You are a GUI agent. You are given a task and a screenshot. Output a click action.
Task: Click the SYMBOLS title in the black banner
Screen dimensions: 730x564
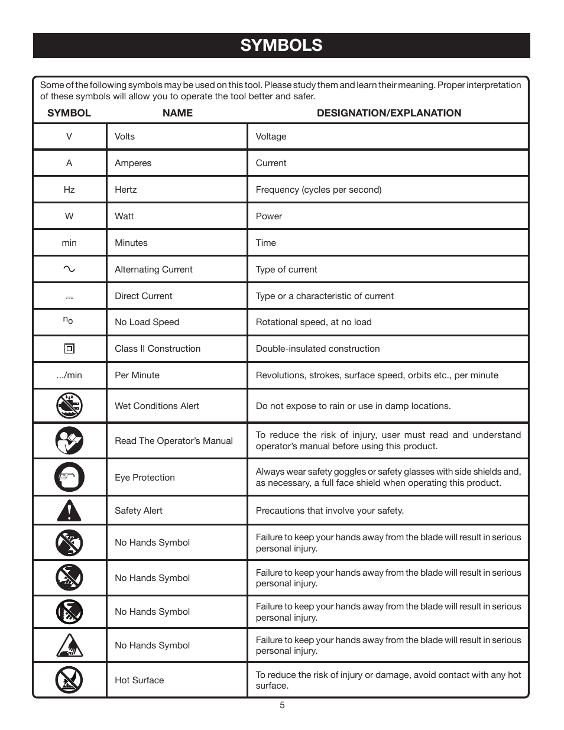(281, 46)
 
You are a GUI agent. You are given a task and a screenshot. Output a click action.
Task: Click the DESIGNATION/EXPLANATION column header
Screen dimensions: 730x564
(388, 113)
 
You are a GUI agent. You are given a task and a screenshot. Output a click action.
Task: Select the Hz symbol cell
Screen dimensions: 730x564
(69, 190)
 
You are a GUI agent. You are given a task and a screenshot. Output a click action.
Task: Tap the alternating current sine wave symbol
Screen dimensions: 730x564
(69, 269)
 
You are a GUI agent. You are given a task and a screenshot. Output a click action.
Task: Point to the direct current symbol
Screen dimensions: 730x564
(69, 297)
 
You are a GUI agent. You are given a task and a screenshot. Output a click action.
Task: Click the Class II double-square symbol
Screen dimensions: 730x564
(69, 349)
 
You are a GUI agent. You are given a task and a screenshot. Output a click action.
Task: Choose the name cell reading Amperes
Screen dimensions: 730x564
(133, 163)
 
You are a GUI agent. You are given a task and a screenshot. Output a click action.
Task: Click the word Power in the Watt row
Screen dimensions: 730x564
(269, 216)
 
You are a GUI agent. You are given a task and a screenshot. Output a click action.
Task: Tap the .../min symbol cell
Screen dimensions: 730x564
(69, 375)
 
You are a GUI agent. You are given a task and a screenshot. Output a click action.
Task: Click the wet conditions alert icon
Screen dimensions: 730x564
(69, 406)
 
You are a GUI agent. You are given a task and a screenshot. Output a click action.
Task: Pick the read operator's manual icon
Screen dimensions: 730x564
(69, 441)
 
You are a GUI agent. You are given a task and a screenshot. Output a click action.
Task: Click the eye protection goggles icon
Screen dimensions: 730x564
(69, 478)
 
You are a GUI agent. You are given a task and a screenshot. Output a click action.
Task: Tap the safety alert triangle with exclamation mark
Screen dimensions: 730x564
(69, 510)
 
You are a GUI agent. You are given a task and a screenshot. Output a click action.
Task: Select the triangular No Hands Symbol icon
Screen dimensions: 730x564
(69, 645)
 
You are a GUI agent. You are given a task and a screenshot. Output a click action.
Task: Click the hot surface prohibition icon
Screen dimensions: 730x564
(69, 680)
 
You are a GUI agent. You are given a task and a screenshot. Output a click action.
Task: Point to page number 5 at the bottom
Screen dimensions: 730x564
(282, 705)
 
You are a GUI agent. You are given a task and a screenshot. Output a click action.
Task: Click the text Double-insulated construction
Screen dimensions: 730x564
(317, 349)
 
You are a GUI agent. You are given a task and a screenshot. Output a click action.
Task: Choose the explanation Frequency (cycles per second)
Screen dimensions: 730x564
(318, 190)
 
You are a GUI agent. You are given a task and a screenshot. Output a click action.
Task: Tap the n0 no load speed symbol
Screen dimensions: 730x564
(68, 320)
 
